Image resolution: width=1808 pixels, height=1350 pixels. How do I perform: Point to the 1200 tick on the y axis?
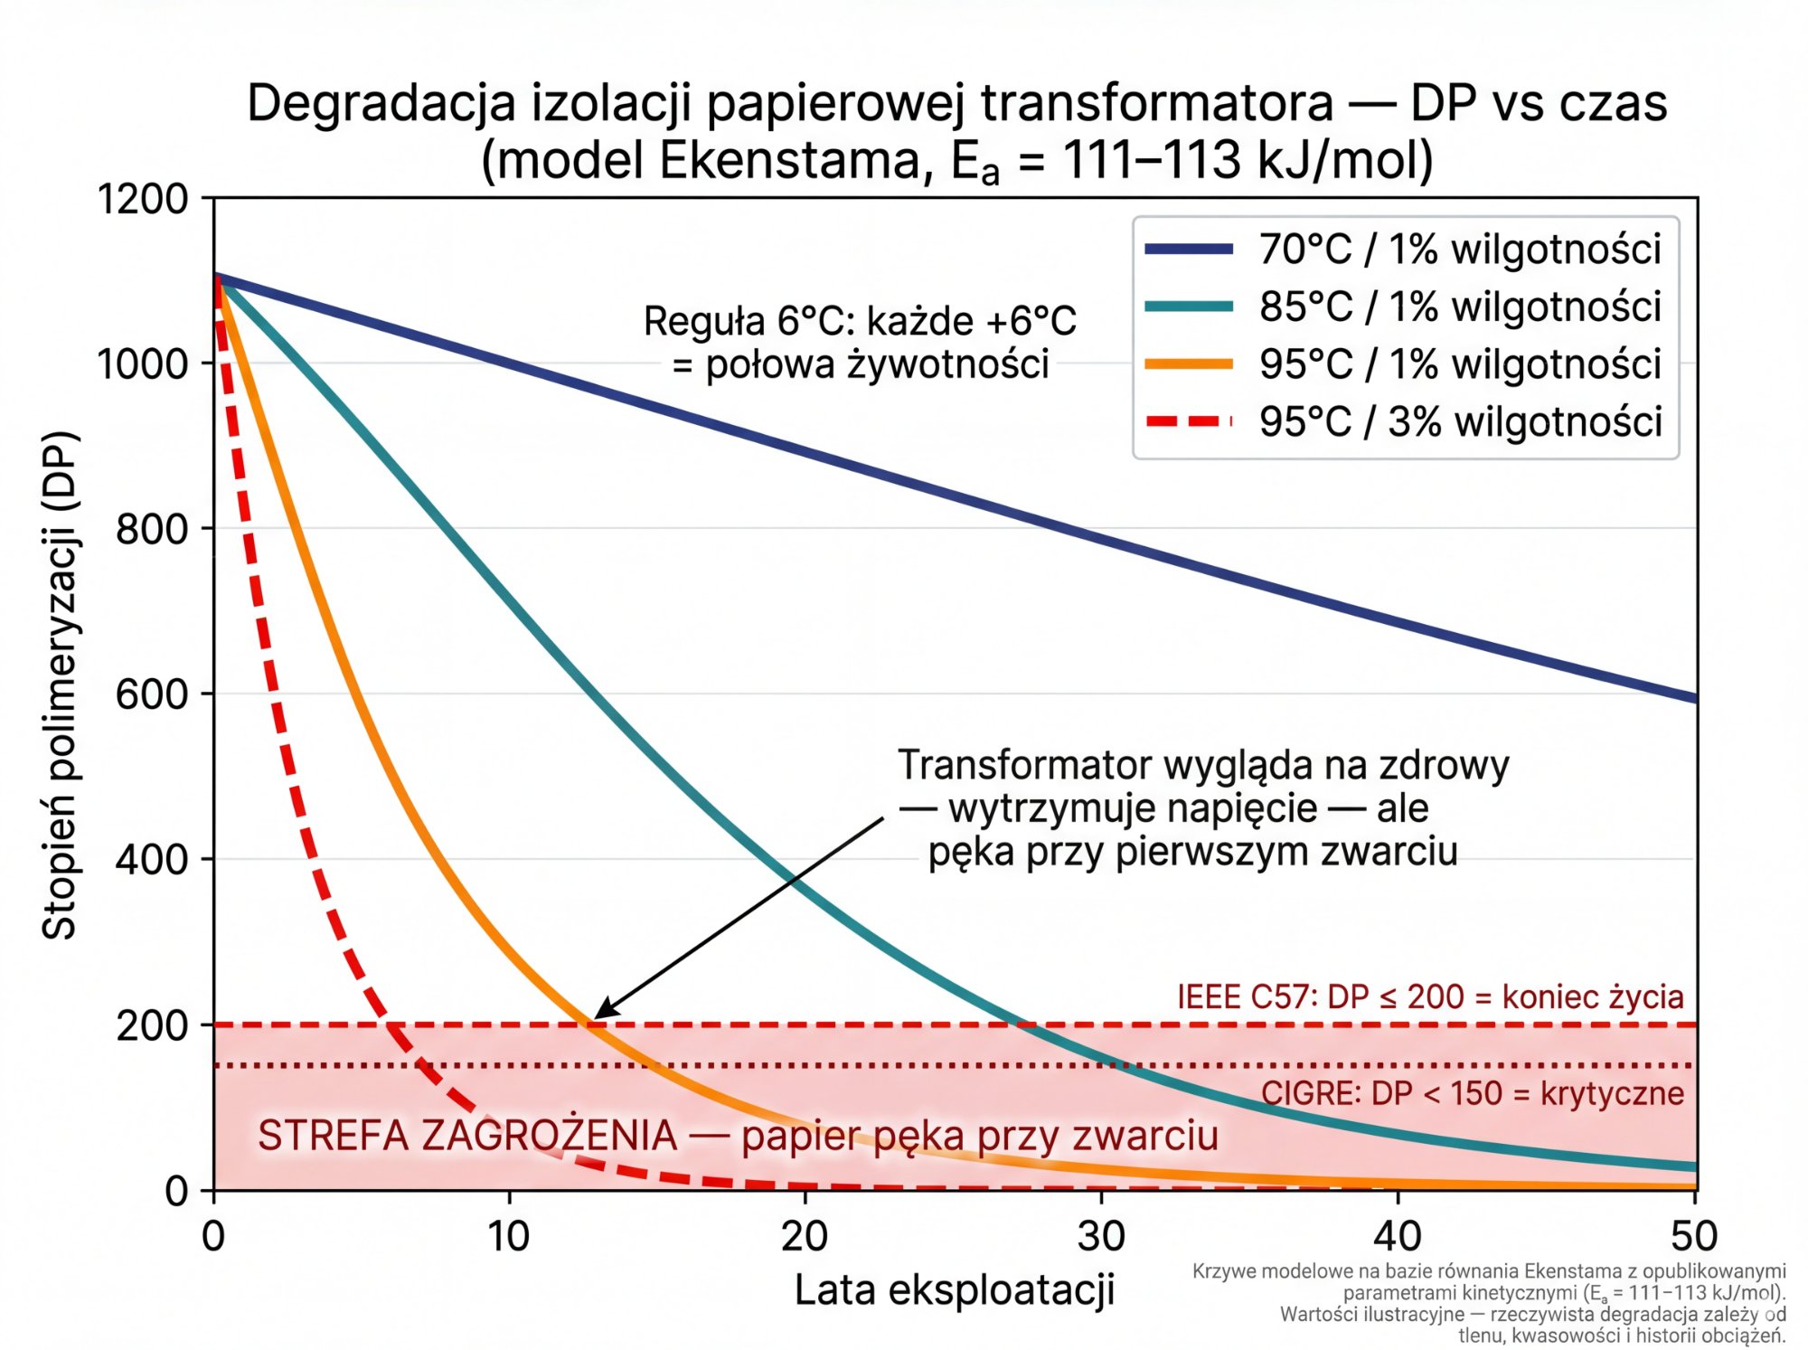tap(143, 199)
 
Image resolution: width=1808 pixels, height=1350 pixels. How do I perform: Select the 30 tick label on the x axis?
tap(1101, 1236)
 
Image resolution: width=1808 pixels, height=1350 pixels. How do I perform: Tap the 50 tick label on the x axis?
tap(1693, 1236)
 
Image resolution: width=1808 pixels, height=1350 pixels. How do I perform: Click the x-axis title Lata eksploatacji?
tap(955, 1290)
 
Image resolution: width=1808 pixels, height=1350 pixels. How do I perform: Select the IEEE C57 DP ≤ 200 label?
tap(1430, 996)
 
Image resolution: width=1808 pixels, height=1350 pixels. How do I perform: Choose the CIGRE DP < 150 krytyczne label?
tap(1472, 1093)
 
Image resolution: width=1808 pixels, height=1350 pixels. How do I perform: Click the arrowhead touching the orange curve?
tap(599, 1015)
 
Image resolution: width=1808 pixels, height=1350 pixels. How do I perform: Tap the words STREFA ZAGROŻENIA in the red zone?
tap(467, 1136)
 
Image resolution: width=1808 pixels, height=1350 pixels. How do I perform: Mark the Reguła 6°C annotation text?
tap(860, 343)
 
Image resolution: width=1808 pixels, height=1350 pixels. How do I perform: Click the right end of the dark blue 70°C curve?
tap(1694, 697)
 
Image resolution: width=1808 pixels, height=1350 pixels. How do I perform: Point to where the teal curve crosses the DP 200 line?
tap(1019, 1024)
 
